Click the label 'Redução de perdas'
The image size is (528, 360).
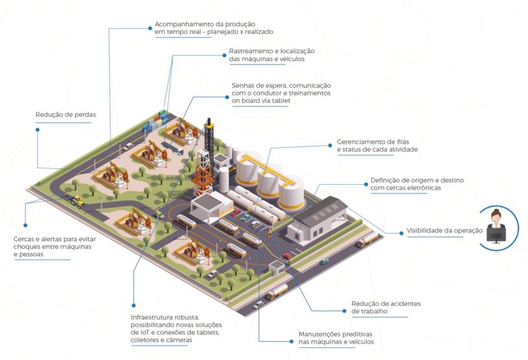[x=66, y=115]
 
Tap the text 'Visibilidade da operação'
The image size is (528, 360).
[x=445, y=231]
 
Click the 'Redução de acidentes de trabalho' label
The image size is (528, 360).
[x=386, y=307]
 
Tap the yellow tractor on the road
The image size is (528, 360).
[x=76, y=201]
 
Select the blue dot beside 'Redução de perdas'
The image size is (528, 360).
[x=37, y=130]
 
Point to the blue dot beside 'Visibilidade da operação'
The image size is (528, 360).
[x=401, y=233]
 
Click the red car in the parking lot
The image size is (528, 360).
[x=236, y=212]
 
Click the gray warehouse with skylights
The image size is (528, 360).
[x=317, y=219]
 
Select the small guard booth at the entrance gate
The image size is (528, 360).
[x=277, y=267]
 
